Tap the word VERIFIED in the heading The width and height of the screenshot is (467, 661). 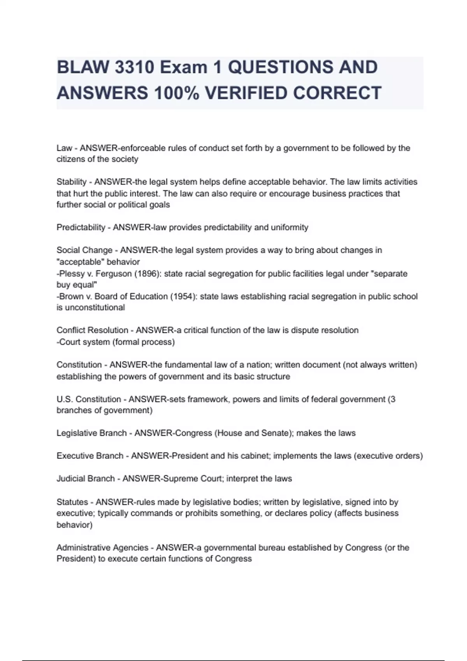[x=246, y=93]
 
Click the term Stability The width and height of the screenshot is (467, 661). [x=72, y=182]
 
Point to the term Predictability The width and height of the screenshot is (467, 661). [x=81, y=227]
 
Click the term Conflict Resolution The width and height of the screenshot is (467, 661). [x=92, y=330]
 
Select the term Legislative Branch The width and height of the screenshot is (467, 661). [x=91, y=433]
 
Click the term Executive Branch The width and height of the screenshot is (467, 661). [x=90, y=456]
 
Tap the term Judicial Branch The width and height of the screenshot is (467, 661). [x=86, y=479]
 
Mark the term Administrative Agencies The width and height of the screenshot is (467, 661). [x=102, y=548]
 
